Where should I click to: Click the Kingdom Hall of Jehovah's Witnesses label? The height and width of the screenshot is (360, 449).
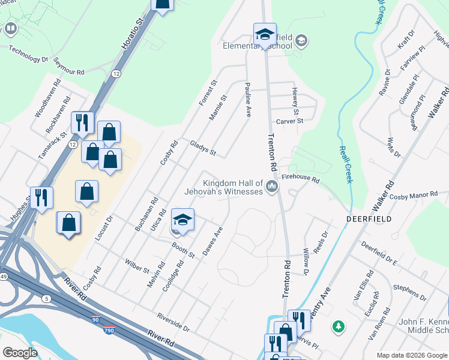(x=233, y=187)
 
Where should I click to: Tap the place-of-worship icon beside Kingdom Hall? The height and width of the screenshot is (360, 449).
(x=273, y=188)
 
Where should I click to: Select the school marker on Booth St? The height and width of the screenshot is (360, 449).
(x=183, y=220)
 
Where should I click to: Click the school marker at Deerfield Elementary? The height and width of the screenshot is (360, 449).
(x=265, y=34)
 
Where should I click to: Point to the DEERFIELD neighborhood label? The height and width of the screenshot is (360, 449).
(x=369, y=220)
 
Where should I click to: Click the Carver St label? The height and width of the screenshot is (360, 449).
(x=290, y=121)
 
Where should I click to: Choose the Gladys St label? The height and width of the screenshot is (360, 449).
(x=203, y=148)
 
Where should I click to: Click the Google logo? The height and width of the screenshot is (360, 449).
(x=20, y=353)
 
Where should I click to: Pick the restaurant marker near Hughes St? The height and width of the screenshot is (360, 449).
(x=41, y=198)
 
